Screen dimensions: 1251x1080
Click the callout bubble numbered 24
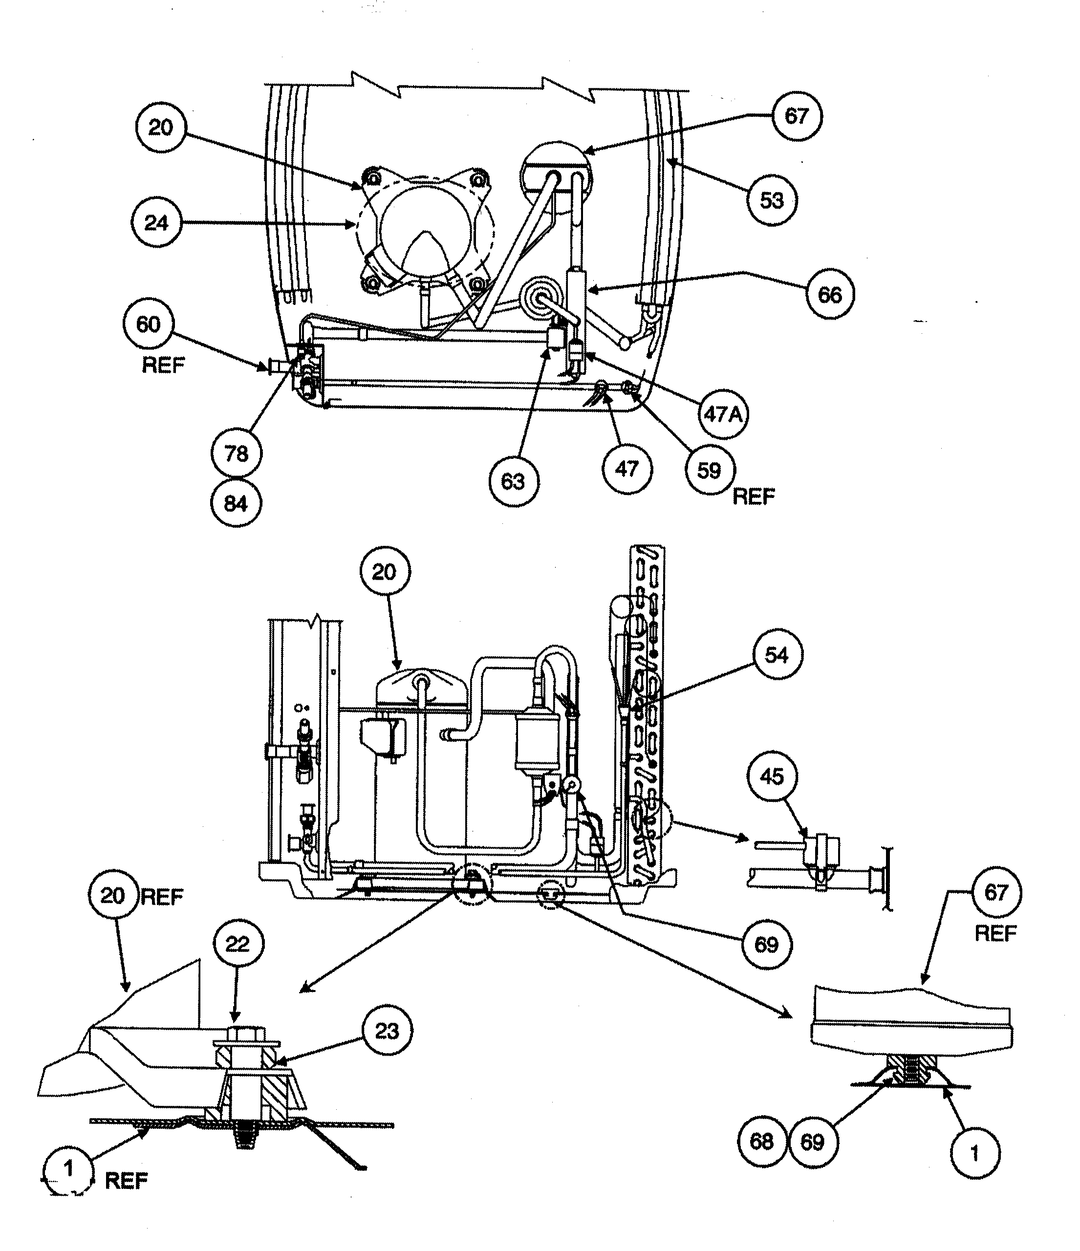[156, 223]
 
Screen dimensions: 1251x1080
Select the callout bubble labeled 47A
[723, 414]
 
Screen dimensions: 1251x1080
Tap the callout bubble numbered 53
[772, 200]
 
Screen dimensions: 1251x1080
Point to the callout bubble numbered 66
[829, 295]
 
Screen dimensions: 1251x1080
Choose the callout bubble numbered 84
[236, 503]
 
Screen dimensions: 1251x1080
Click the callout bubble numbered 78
[236, 453]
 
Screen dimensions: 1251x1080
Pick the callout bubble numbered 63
[513, 481]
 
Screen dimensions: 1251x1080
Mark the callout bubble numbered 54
[777, 655]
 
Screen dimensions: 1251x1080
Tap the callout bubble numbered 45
[772, 776]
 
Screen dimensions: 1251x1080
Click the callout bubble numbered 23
[387, 1031]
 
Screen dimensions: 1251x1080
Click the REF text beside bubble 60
[163, 365]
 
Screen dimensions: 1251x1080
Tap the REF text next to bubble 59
[754, 496]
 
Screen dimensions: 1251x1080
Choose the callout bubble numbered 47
[626, 469]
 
